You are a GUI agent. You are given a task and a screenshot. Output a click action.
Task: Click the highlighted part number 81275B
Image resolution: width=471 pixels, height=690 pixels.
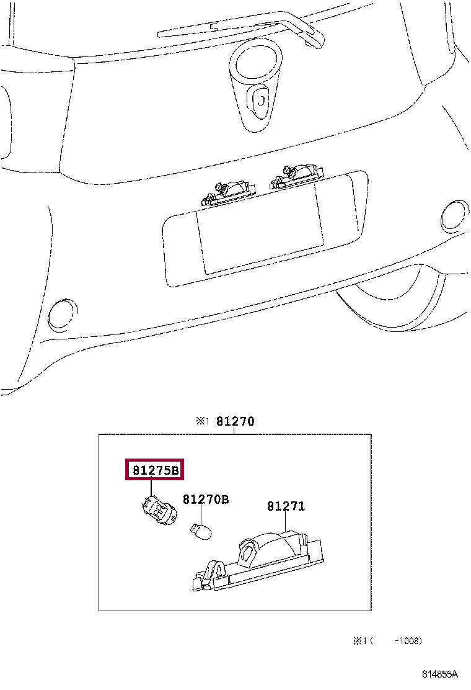coord(156,471)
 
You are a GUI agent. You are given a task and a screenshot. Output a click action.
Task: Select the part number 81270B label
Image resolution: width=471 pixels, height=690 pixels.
coord(205,500)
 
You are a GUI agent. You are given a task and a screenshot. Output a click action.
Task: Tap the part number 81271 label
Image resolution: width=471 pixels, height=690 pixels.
coord(286,506)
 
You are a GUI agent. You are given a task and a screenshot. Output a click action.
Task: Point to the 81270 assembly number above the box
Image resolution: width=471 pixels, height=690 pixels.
coord(235,421)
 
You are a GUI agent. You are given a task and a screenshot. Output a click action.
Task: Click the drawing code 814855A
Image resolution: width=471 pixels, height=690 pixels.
coord(440,674)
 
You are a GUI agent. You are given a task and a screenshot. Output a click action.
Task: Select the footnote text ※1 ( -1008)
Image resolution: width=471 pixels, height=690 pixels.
coord(388,640)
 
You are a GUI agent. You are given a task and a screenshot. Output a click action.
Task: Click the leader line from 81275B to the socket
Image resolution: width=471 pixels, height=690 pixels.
coord(151,488)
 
